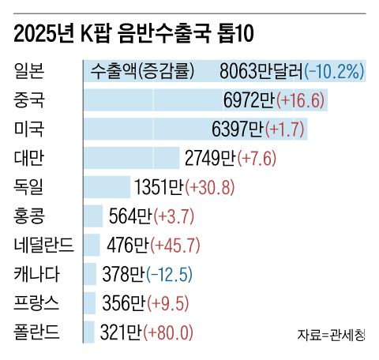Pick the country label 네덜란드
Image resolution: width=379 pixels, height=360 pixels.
point(43,244)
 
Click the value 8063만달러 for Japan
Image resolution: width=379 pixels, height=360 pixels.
point(261,71)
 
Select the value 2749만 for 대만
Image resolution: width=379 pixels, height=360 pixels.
point(210,158)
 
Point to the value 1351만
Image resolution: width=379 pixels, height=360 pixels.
point(159,187)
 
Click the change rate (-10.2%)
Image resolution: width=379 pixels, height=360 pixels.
point(334,71)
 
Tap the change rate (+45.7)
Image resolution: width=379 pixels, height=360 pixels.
point(174,245)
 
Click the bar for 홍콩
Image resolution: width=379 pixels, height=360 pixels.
point(93,216)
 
